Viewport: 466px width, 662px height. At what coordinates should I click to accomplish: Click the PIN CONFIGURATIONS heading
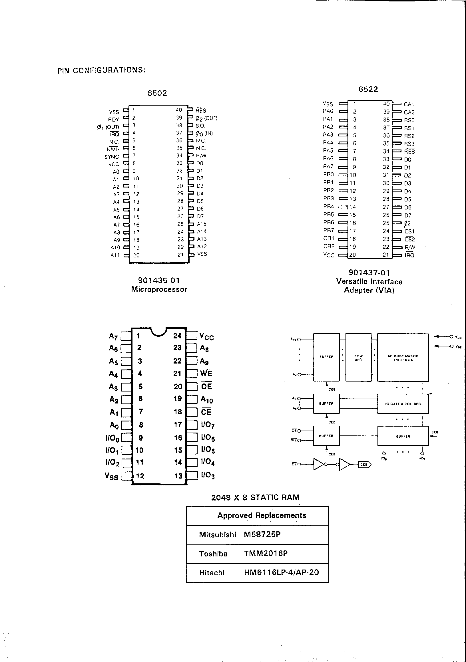[101, 70]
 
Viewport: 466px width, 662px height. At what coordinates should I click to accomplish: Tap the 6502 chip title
[157, 93]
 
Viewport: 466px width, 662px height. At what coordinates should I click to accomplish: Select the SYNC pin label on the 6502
[112, 157]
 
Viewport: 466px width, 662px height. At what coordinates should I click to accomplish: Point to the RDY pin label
[113, 120]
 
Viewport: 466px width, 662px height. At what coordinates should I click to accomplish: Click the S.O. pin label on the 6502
[200, 126]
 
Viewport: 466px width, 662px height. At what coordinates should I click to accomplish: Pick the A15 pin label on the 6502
[202, 224]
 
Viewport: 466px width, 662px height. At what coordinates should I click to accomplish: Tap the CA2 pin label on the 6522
[409, 112]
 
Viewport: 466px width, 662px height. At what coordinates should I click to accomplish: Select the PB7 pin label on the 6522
[328, 231]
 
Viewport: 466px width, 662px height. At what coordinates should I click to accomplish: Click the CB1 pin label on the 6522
[329, 239]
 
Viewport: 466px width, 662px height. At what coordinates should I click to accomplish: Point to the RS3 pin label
[409, 144]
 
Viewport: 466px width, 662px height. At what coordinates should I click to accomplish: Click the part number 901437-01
[369, 273]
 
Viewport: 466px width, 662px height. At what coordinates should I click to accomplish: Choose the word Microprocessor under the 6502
[159, 289]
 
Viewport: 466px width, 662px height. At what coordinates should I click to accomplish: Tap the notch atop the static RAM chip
[159, 332]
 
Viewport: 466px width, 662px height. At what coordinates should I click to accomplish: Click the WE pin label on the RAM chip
[206, 374]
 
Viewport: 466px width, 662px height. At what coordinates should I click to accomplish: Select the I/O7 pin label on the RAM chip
[208, 425]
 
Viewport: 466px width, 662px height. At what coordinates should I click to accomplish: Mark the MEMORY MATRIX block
[403, 358]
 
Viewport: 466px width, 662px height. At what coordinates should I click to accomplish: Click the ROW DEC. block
[358, 358]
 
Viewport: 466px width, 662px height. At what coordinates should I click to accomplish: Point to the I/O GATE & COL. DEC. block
[403, 404]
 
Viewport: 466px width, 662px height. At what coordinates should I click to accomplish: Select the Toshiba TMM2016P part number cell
[266, 553]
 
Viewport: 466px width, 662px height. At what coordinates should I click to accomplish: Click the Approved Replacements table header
[262, 516]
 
